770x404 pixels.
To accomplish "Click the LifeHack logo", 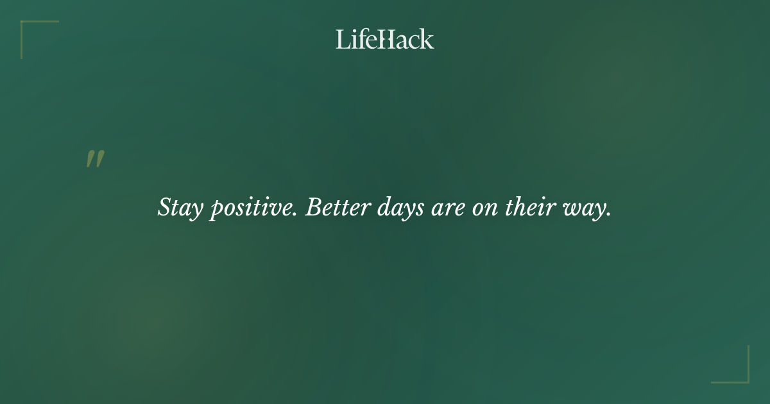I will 385,39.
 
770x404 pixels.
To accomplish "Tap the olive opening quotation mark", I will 95,160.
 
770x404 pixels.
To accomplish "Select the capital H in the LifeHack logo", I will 386,39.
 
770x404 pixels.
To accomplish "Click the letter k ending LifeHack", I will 427,39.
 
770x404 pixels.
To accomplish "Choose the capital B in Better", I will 312,206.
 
